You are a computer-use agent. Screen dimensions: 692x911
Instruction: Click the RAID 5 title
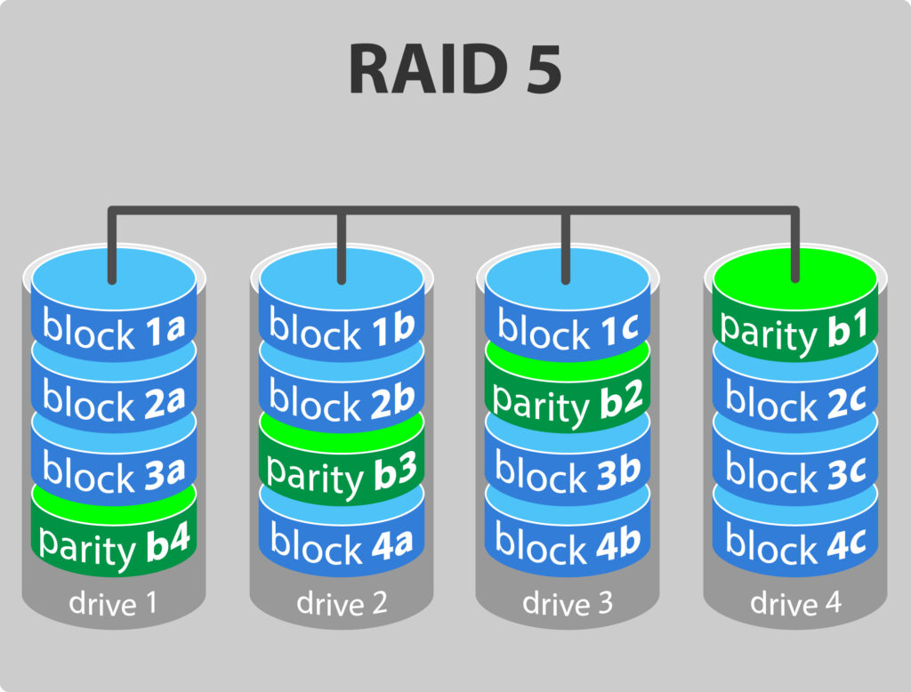455,68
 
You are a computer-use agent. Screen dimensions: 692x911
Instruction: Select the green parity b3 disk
343,471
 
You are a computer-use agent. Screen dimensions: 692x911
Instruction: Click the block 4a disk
343,543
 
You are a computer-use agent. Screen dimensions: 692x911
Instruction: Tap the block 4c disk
796,543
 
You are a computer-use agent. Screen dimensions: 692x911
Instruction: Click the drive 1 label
114,604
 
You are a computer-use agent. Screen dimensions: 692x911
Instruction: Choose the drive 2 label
343,604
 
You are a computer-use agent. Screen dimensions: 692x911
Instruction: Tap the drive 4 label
796,604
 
